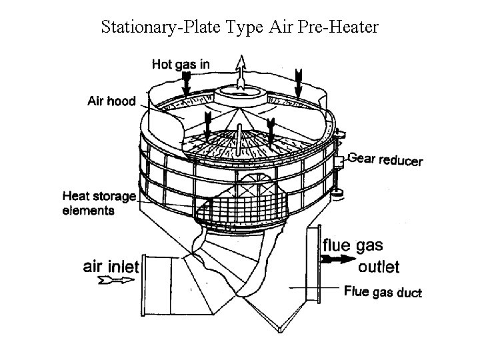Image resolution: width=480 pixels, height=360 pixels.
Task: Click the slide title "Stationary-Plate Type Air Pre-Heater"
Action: pyautogui.click(x=240, y=27)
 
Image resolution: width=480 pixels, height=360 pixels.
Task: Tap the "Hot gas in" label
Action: pyautogui.click(x=181, y=64)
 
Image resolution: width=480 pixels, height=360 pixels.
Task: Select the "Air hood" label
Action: pyautogui.click(x=111, y=101)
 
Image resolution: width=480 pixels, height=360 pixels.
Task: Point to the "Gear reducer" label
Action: pyautogui.click(x=385, y=159)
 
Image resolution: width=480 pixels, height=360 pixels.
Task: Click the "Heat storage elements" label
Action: pyautogui.click(x=98, y=203)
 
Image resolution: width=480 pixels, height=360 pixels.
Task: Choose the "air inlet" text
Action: pyautogui.click(x=111, y=267)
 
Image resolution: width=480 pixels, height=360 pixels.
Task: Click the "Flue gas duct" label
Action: pyautogui.click(x=383, y=291)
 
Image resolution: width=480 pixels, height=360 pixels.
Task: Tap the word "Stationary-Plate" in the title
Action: pyautogui.click(x=150, y=27)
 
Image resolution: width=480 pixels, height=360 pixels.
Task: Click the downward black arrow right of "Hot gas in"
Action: pyautogui.click(x=298, y=81)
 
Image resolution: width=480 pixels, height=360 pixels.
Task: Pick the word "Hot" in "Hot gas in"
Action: pyautogui.click(x=162, y=64)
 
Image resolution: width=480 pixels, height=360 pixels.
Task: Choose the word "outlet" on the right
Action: pyautogui.click(x=378, y=267)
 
